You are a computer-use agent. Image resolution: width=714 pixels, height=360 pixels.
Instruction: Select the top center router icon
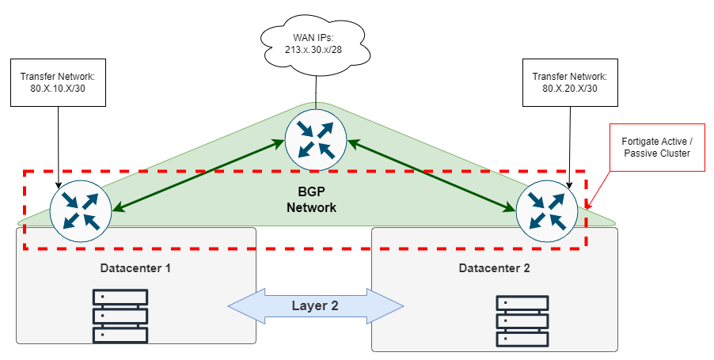316,138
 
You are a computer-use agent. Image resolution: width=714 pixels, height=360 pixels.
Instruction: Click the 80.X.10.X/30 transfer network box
58,83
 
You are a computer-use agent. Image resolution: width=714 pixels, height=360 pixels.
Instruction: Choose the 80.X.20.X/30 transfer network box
570,83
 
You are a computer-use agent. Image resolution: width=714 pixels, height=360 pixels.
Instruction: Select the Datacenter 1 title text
135,268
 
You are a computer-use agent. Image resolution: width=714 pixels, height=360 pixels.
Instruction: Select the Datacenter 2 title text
494,268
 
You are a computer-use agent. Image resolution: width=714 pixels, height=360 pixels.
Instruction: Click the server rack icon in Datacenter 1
120,315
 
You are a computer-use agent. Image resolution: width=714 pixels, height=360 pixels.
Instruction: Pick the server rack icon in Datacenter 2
522,320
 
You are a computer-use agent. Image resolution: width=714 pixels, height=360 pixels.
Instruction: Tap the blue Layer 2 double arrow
315,306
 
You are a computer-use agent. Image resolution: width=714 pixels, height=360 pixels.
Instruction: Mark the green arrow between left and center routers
198,176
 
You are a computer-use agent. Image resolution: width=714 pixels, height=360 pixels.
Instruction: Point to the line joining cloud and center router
316,89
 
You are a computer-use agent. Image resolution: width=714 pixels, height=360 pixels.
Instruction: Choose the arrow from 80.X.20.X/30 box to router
571,142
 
